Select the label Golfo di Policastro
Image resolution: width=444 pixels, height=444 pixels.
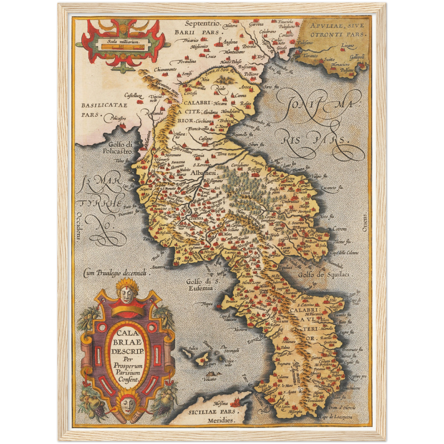coord(118,148)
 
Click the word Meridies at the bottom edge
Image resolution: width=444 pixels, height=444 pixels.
coord(220,420)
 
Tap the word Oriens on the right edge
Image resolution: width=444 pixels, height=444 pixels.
coord(365,222)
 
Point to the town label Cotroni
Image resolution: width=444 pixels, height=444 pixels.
coord(339,229)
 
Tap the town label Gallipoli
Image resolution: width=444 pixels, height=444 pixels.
coord(357,57)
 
